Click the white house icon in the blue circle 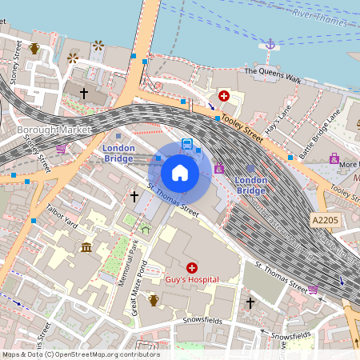coord(180,172)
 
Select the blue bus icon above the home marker coord(187,144)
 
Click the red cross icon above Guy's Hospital coord(192,267)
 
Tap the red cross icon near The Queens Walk coord(224,96)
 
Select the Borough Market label coord(54,130)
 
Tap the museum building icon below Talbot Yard coord(86,247)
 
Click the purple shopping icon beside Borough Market coord(61,148)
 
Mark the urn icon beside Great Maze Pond coord(154,300)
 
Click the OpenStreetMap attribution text coord(80,354)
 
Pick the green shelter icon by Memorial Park coord(145,229)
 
